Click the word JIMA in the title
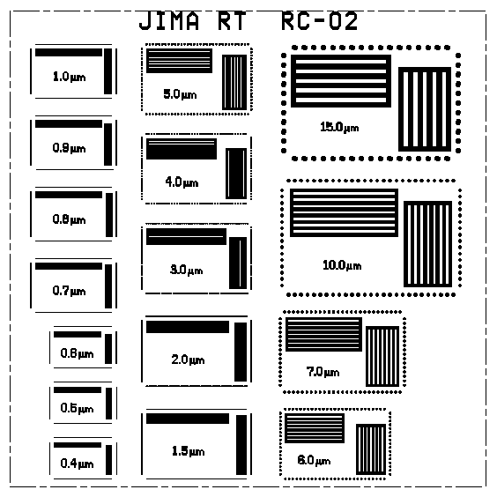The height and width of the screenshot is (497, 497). pos(169,21)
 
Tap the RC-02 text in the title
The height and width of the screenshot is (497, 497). pos(320,21)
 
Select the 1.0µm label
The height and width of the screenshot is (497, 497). pos(69,77)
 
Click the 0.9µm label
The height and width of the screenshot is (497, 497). pos(69,148)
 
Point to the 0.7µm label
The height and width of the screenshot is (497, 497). pos(69,291)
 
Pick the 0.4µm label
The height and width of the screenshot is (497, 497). pos(77,464)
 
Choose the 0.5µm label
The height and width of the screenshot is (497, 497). pos(77,408)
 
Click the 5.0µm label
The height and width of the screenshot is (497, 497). pos(180,94)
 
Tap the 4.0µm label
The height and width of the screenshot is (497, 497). pos(182,182)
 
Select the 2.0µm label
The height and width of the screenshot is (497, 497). pos(188,360)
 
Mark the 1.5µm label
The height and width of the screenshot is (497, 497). pos(188,450)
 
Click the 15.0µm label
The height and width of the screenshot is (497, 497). pos(339,127)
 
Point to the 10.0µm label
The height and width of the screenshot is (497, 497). pos(342,265)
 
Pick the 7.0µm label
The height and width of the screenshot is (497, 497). pos(323,372)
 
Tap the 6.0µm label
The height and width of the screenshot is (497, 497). pos(314,460)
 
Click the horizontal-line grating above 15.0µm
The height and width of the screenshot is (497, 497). pos(341,81)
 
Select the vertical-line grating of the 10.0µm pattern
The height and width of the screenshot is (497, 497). pos(427,244)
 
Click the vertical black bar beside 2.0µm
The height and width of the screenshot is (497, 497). pos(241,352)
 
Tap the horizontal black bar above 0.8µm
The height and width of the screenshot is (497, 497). pos(69,195)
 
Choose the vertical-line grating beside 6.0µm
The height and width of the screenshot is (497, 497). pos(371,449)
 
